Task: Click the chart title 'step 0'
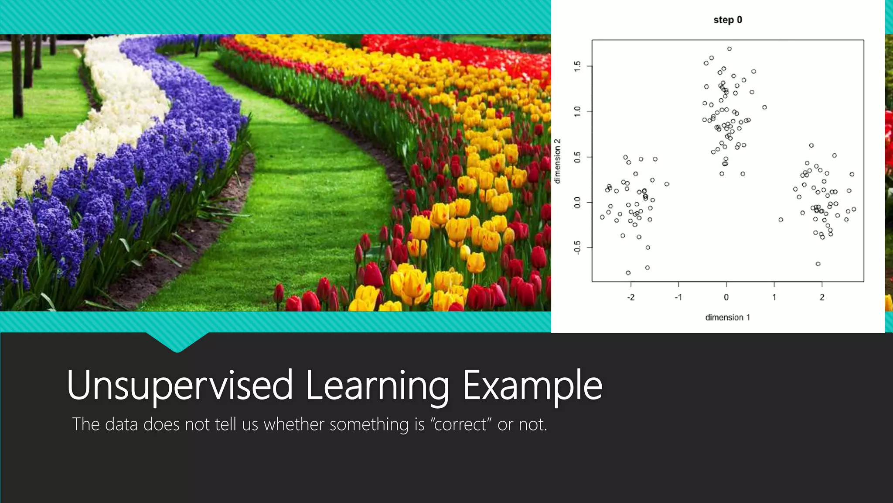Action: (727, 20)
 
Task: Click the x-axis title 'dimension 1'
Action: (727, 317)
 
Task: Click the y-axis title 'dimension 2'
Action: (557, 161)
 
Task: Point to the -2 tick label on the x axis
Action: (631, 297)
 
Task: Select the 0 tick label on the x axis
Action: (726, 297)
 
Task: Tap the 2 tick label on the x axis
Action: (822, 297)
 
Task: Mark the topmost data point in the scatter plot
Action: (729, 49)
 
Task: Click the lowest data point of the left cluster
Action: (628, 273)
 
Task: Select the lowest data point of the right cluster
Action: (818, 264)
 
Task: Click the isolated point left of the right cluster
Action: (781, 220)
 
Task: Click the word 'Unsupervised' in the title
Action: (180, 385)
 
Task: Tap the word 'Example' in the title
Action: (532, 385)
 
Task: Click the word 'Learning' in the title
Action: (377, 385)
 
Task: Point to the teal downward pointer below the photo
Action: (177, 343)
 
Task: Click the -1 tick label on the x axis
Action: (678, 297)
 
